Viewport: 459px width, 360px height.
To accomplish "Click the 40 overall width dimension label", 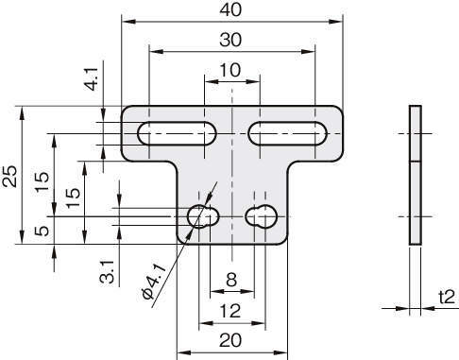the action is pos(230,10).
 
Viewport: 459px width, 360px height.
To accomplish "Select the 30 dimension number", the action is pos(230,40).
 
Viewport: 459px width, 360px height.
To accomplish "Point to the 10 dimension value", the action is pos(230,70).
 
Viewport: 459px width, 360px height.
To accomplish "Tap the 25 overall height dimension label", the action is pos(10,176).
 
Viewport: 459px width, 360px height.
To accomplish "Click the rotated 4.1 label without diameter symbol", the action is pos(92,79).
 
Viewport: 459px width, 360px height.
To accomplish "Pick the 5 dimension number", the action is pos(42,231).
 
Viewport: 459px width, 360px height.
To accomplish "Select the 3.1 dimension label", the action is pos(107,272).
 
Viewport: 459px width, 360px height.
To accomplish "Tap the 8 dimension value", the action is pos(231,279).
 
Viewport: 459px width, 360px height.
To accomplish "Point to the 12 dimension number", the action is pos(230,311).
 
